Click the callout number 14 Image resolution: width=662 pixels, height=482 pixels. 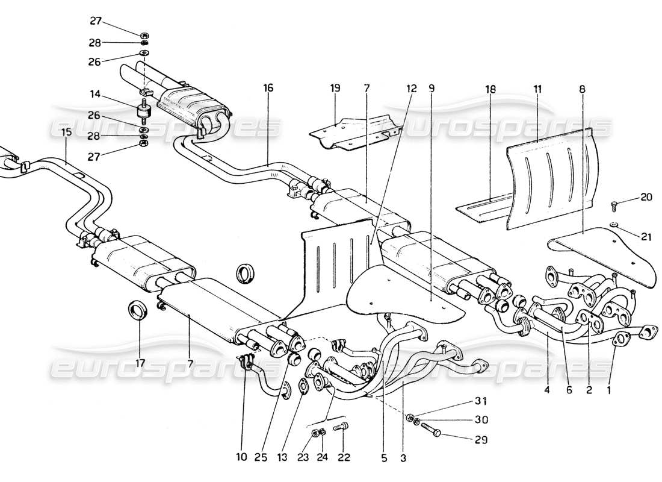tap(96, 94)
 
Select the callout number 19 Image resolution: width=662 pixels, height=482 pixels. tap(335, 88)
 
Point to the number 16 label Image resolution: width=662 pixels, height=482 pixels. tap(268, 88)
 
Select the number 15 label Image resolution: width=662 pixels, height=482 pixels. tap(66, 148)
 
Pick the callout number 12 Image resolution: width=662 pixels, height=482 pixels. tap(411, 88)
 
